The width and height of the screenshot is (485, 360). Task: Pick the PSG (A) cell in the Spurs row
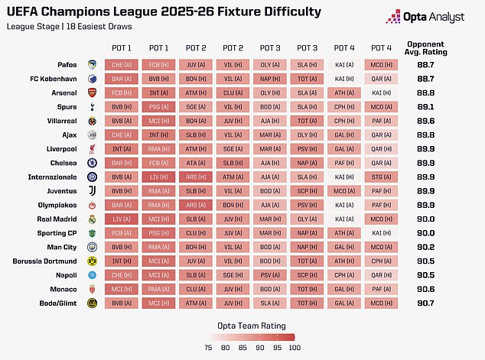coord(159,107)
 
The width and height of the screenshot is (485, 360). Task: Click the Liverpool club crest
coord(92,150)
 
